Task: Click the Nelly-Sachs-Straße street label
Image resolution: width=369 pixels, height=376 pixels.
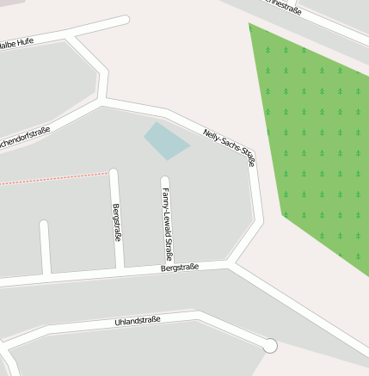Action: click(230, 145)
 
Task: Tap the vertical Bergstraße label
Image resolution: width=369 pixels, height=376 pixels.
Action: click(117, 223)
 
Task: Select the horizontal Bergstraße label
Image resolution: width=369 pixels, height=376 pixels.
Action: click(180, 268)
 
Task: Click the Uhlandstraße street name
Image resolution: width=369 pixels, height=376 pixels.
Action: click(138, 323)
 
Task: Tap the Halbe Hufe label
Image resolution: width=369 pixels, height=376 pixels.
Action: click(16, 42)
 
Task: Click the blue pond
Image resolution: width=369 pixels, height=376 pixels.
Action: click(165, 140)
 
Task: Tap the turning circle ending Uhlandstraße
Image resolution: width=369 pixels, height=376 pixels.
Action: click(270, 346)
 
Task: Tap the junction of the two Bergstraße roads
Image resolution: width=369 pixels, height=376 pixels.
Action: click(121, 271)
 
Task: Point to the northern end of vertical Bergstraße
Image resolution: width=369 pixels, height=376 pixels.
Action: click(113, 172)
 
